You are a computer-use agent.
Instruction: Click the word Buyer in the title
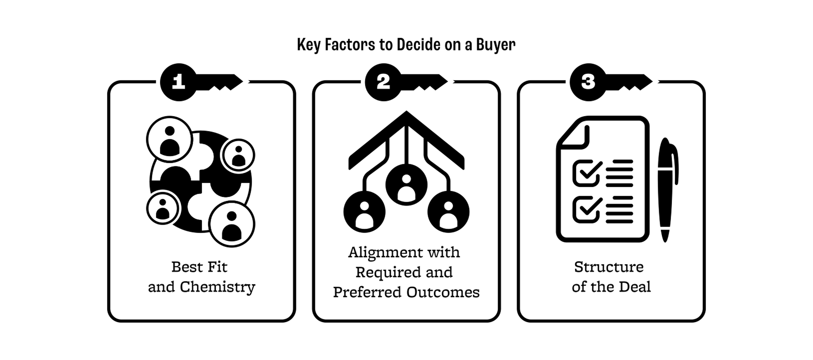pyautogui.click(x=495, y=45)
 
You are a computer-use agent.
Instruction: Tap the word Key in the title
pyautogui.click(x=308, y=45)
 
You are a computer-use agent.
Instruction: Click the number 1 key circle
pyautogui.click(x=178, y=82)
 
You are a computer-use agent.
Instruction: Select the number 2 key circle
pyautogui.click(x=383, y=82)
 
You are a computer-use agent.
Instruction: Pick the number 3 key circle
pyautogui.click(x=588, y=82)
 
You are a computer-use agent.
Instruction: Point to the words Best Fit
pyautogui.click(x=199, y=267)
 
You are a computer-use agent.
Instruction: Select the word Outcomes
pyautogui.click(x=443, y=292)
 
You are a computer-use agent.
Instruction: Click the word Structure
pyautogui.click(x=609, y=267)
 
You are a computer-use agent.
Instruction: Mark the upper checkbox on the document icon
pyautogui.click(x=586, y=173)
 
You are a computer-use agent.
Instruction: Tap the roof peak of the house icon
pyautogui.click(x=406, y=115)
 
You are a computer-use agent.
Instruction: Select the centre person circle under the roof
pyautogui.click(x=406, y=185)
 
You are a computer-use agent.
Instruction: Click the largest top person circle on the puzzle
pyautogui.click(x=169, y=139)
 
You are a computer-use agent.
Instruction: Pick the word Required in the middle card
pyautogui.click(x=386, y=273)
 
